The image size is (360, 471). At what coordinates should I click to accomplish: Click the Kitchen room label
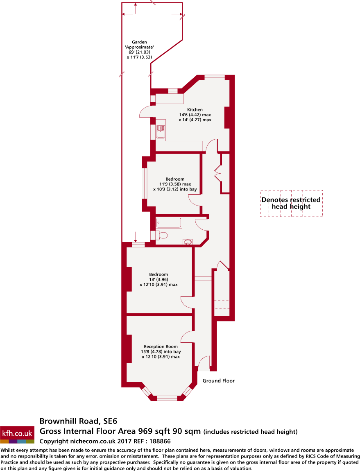tap(195, 110)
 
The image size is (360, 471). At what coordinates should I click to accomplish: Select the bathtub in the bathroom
tap(168, 223)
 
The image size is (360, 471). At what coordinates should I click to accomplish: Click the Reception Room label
tap(161, 346)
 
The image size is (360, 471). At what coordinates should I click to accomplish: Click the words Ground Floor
tap(219, 381)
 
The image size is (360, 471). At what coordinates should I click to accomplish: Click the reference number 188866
tap(160, 441)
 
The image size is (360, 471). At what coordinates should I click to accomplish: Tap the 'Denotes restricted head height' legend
tap(291, 203)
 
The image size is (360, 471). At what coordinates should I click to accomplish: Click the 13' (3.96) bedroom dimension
tap(158, 279)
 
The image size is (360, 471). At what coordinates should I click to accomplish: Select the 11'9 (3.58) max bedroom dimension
tap(175, 184)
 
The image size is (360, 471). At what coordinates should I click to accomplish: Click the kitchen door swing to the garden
tap(145, 111)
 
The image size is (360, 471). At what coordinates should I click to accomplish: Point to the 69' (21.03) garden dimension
tap(139, 52)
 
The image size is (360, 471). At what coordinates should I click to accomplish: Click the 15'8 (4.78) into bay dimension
tap(161, 351)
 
